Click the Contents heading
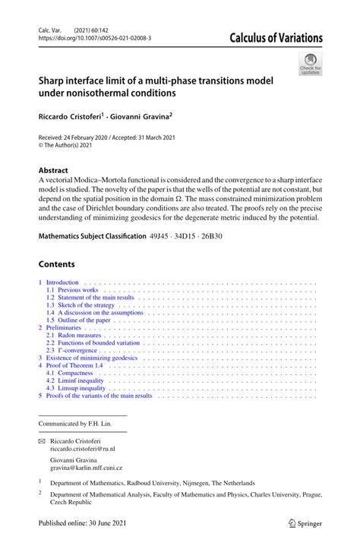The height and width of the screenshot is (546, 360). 57,264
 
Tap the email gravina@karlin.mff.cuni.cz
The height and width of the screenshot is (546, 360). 86,469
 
